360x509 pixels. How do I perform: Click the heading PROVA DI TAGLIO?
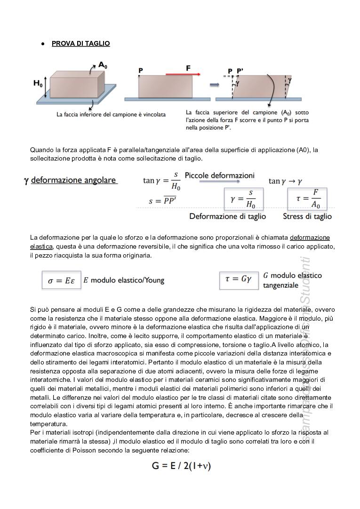[80, 43]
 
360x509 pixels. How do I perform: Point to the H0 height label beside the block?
[38, 83]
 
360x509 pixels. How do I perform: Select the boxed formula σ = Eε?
[61, 281]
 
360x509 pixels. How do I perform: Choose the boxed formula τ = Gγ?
[239, 279]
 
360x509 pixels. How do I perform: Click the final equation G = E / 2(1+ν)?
[181, 466]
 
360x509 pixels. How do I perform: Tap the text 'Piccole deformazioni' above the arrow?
[219, 175]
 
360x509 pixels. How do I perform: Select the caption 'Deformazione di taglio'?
[227, 217]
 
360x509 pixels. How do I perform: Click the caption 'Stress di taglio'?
[307, 217]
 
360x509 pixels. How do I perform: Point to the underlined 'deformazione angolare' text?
[74, 181]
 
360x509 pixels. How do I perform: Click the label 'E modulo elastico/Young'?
[124, 280]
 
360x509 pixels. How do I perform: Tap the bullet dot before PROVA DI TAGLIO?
[42, 44]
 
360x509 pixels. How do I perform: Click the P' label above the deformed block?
[240, 71]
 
